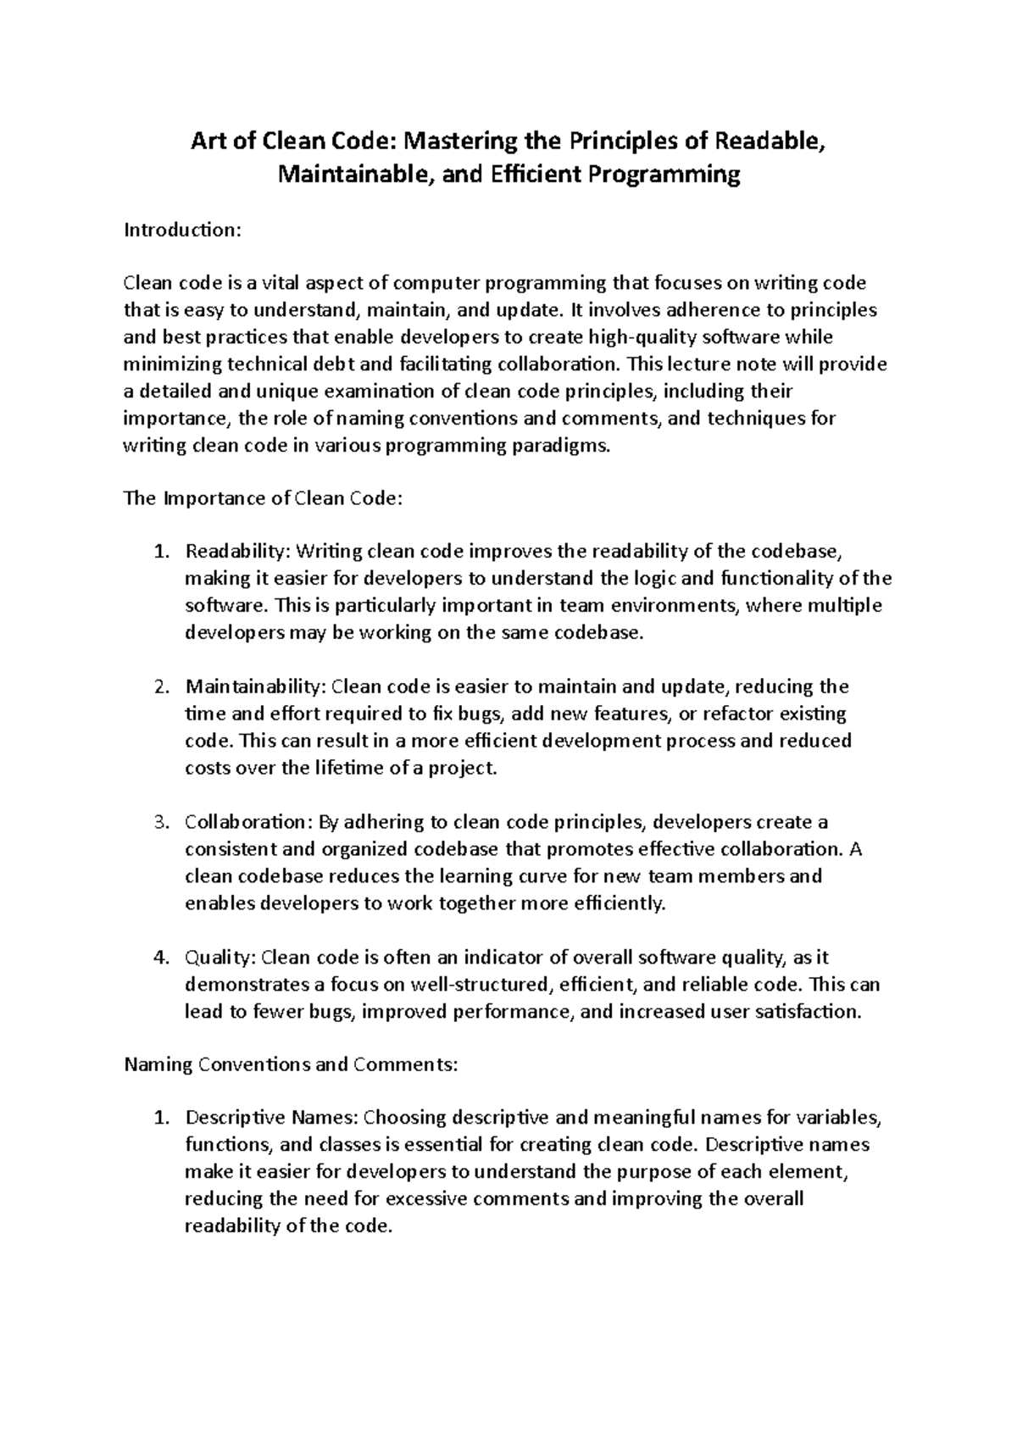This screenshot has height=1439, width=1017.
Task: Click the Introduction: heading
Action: tap(182, 230)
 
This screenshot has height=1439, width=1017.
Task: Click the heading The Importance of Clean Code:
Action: tap(261, 498)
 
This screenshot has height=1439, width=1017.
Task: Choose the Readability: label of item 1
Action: tap(237, 553)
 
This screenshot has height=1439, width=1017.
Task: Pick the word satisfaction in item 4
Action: tap(809, 1012)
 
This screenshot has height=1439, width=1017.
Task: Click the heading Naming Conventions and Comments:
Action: tap(291, 1064)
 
